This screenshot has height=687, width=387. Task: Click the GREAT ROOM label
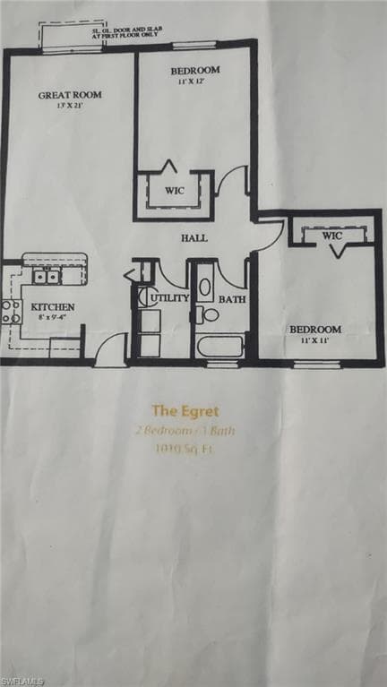(x=69, y=94)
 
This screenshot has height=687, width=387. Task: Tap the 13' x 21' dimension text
(x=69, y=106)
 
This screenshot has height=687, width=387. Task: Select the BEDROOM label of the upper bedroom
(x=194, y=71)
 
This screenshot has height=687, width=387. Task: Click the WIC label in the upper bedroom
(x=175, y=190)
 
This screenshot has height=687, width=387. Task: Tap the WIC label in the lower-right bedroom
(x=332, y=236)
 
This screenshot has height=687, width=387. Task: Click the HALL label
(x=193, y=238)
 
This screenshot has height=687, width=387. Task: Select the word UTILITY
(x=169, y=297)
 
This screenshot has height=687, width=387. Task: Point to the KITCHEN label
(x=53, y=307)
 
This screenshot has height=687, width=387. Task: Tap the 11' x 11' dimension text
(x=314, y=341)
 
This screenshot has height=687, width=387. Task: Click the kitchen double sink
(x=46, y=277)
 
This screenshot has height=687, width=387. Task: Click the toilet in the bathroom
(x=210, y=314)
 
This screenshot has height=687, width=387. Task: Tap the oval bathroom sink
(x=205, y=288)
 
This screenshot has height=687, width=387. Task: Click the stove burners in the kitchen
(x=11, y=312)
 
